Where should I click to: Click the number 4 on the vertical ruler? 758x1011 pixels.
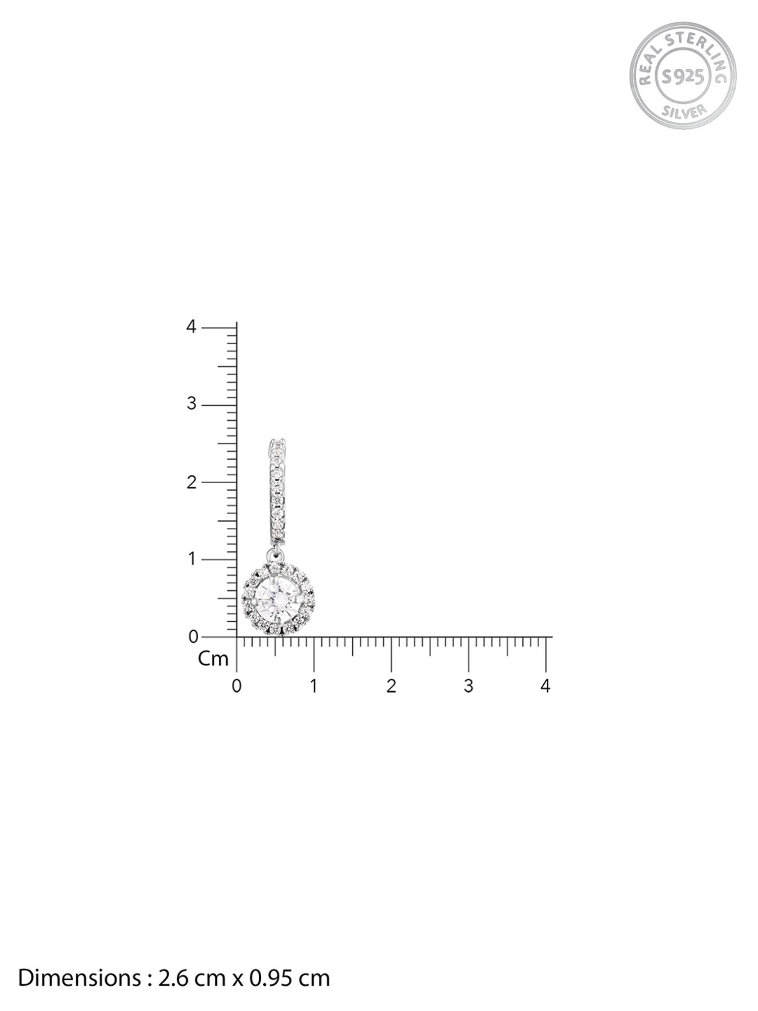click(191, 327)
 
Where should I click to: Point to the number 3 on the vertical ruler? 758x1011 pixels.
click(191, 404)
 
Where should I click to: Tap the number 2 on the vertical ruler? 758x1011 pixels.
click(191, 482)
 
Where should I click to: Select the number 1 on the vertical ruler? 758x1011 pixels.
click(192, 559)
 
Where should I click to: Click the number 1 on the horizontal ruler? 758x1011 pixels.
click(314, 686)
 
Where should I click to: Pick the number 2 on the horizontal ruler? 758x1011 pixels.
click(391, 686)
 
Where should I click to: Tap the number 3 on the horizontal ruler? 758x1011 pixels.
click(468, 686)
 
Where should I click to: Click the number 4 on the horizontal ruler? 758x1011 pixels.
click(545, 686)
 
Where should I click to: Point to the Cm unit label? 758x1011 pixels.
click(213, 659)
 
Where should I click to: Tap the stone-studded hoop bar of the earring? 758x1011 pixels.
click(277, 488)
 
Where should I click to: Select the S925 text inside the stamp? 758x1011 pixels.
click(683, 76)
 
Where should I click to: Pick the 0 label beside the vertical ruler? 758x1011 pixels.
click(193, 636)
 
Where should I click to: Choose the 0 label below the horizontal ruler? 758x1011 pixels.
click(236, 686)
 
